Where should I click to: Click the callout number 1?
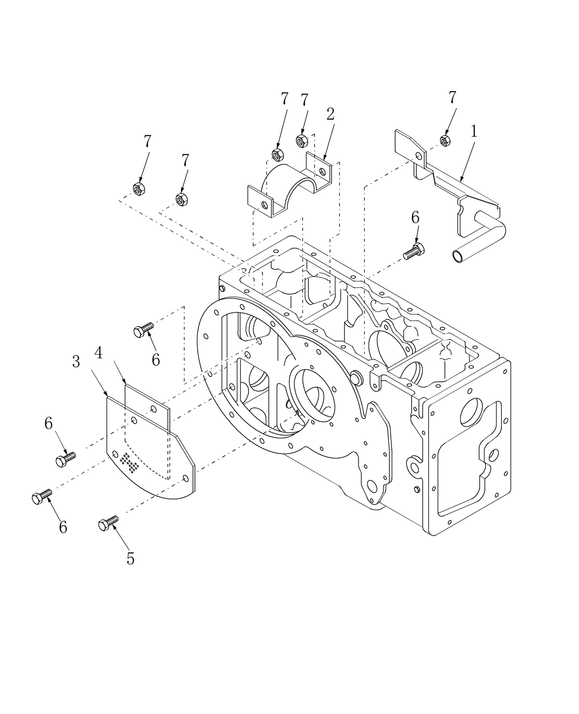click(x=474, y=131)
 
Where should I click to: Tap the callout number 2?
click(x=331, y=114)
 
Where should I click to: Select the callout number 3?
click(x=76, y=362)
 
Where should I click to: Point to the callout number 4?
click(x=98, y=353)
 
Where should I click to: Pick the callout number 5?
click(x=130, y=558)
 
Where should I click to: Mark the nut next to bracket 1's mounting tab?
click(x=445, y=140)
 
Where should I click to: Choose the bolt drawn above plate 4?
click(x=143, y=329)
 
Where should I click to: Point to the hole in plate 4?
click(x=153, y=409)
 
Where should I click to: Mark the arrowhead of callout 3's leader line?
click(x=107, y=397)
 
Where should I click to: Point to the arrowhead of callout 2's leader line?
click(x=324, y=160)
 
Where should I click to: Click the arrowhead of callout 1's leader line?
click(x=460, y=181)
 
